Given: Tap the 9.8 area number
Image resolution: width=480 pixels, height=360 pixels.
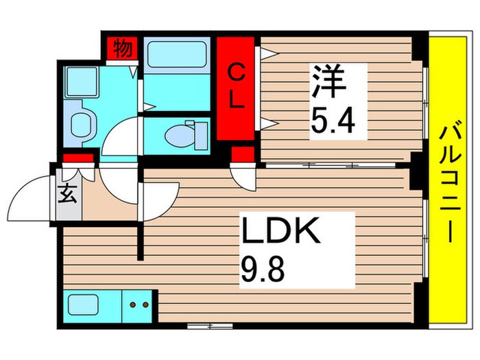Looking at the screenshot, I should (261, 264).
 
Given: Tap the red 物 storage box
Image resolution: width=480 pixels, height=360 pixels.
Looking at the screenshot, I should (123, 50).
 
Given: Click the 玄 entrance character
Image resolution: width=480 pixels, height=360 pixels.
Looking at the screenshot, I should (68, 195).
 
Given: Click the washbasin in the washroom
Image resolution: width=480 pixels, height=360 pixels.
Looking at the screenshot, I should (83, 123).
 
